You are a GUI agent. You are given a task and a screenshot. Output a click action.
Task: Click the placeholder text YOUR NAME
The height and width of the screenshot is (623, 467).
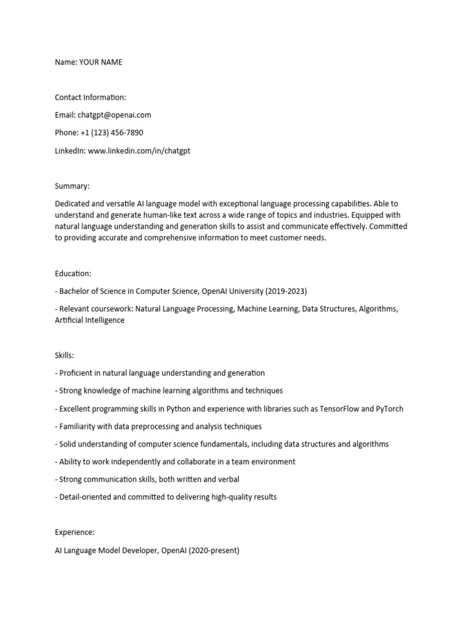coord(101,62)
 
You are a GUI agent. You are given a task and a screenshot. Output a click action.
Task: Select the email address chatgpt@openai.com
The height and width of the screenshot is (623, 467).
coord(114,114)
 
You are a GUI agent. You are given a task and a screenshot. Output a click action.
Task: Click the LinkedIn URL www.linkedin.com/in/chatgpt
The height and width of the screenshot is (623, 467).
coord(139,150)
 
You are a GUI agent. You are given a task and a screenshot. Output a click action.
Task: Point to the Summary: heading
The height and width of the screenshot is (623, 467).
coord(72,186)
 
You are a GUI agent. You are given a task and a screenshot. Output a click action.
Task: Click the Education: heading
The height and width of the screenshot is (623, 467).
coord(73,274)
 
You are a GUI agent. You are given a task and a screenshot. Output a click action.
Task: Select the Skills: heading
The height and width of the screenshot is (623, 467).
coord(64,355)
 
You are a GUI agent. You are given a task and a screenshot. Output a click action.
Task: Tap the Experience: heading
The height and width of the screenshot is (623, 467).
coord(75,532)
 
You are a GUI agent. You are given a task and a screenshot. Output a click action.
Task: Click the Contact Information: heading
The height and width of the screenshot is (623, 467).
coord(91,97)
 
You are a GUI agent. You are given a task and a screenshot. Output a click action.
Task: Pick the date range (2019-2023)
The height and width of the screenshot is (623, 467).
coord(282,291)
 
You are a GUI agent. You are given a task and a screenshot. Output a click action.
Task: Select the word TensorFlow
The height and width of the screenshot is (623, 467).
coord(337,409)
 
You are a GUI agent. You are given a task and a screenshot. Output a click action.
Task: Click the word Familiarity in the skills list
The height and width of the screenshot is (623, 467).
coord(79,426)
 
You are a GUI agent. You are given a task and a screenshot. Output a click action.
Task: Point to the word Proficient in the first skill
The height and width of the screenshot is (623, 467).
coord(77,373)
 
